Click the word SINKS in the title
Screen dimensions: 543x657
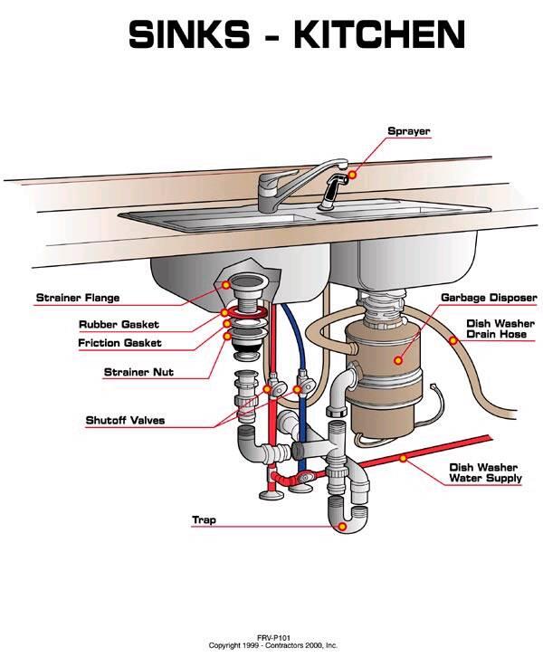(x=189, y=34)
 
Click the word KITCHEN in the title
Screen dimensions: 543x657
(x=379, y=34)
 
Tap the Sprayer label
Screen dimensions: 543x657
(x=409, y=131)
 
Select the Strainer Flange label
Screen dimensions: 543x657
(x=78, y=298)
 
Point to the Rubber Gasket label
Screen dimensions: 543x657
(x=119, y=324)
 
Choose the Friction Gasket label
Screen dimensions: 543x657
(x=119, y=343)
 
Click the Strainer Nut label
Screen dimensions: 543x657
(x=138, y=372)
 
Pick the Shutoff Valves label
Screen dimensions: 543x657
(x=125, y=420)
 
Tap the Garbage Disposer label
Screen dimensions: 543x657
(x=489, y=298)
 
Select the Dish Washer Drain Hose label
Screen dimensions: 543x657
(x=500, y=328)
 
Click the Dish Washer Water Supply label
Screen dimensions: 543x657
(x=486, y=472)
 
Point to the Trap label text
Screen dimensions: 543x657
(x=204, y=520)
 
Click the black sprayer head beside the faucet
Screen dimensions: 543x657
(x=334, y=190)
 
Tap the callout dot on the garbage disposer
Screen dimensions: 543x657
(x=398, y=360)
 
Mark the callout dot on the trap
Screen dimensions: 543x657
(x=343, y=527)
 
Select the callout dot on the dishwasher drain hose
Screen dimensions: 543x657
(x=453, y=340)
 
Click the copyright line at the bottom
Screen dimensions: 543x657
(x=273, y=645)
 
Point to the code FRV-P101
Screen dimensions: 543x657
(x=273, y=638)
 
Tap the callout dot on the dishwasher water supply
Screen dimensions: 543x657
(x=403, y=459)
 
